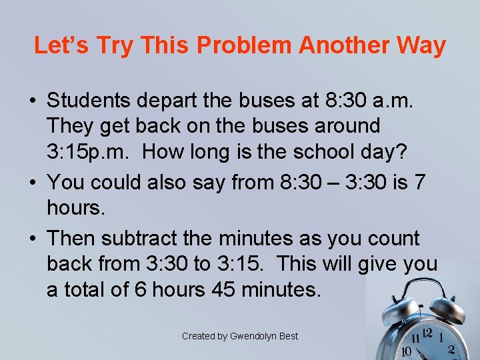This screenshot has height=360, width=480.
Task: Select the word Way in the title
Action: [420, 45]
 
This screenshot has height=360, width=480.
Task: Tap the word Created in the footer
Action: [199, 336]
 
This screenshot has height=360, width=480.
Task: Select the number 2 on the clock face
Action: [451, 349]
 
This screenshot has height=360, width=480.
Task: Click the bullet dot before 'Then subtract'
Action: [33, 238]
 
